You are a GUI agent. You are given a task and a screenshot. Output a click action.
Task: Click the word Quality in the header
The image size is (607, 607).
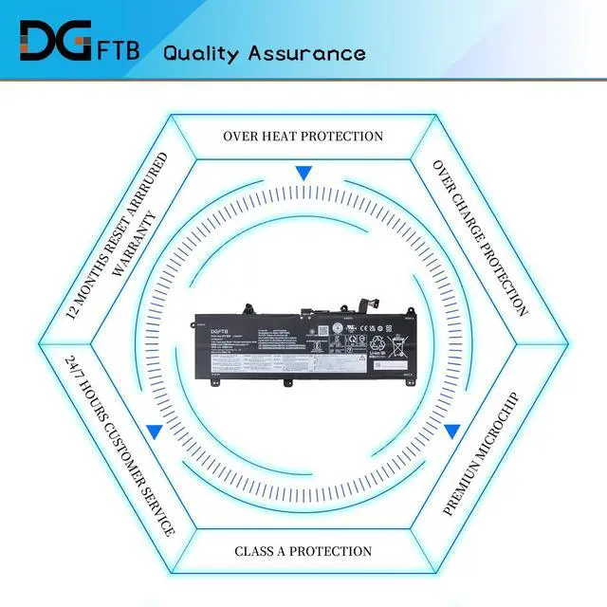tap(202, 52)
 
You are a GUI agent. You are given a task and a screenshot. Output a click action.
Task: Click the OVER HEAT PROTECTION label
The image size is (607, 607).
tap(303, 137)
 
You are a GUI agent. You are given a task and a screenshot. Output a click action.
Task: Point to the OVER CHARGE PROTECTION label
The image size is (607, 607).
tap(480, 237)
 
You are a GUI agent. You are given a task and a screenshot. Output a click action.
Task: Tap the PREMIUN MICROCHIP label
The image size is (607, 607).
tap(482, 453)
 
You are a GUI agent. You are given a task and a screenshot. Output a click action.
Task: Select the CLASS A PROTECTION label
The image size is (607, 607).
tap(303, 551)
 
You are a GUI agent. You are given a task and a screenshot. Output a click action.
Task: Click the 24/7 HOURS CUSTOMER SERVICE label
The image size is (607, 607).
tap(119, 446)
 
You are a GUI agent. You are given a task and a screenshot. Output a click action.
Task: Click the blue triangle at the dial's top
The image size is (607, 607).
tap(303, 173)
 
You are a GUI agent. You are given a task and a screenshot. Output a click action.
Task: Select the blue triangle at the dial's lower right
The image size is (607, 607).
tap(452, 432)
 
